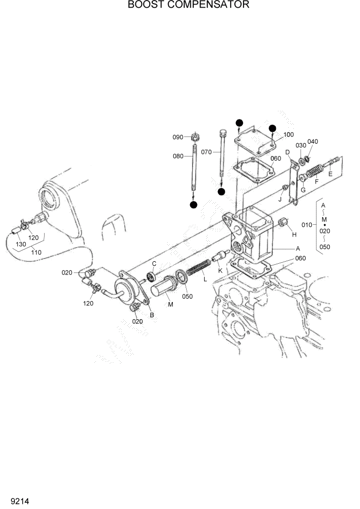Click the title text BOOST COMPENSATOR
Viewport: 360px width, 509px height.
[x=181, y=5]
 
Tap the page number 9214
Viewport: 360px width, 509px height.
[x=13, y=499]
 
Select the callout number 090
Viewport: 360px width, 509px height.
[x=178, y=137]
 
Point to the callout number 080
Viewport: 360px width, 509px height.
[x=178, y=156]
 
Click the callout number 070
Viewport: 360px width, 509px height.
[x=207, y=152]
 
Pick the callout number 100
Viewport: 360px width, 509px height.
[x=288, y=134]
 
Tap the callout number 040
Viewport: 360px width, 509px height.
[x=313, y=142]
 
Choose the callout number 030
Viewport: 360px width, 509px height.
[x=301, y=145]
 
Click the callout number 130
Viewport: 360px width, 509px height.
[x=21, y=244]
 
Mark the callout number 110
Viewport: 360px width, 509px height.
[x=36, y=252]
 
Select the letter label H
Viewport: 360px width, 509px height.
[x=294, y=234]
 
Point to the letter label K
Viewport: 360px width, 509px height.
[x=221, y=270]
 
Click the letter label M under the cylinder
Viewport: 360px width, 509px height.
[x=170, y=304]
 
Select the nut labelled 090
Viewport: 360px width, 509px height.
[x=195, y=138]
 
